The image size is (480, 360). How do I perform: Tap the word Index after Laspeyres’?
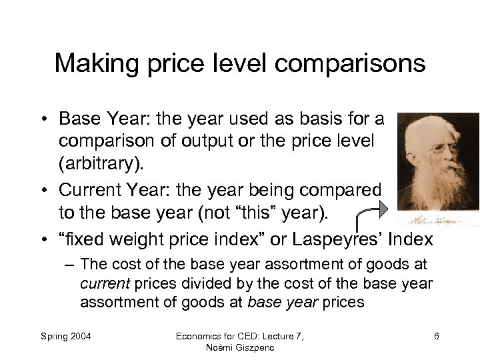coord(410,239)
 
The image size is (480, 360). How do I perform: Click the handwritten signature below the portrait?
coord(440,218)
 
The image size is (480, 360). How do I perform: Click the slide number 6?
coord(436,335)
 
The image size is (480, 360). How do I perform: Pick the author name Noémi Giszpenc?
coord(239,347)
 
